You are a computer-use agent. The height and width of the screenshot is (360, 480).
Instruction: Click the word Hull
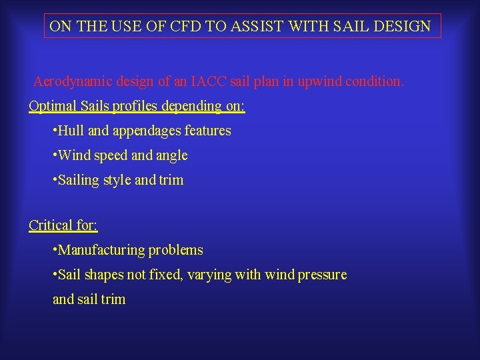[71, 131]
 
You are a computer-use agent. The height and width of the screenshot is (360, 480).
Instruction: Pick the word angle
[173, 156]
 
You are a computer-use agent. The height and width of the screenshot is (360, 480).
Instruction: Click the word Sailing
[79, 180]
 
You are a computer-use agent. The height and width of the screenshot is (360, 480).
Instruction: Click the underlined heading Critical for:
[63, 225]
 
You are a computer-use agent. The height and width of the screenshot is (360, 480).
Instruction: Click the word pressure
[322, 275]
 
